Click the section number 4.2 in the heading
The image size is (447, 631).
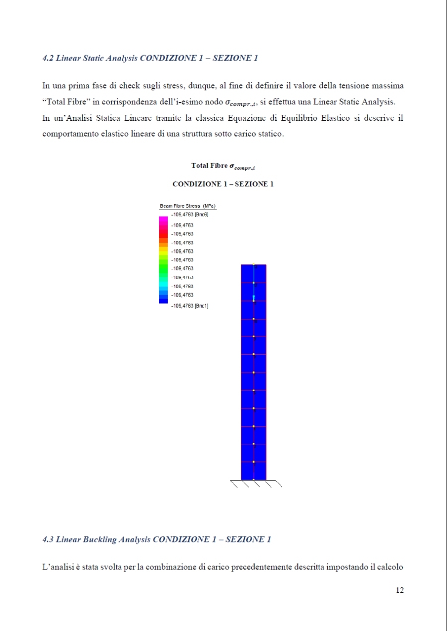click(48, 58)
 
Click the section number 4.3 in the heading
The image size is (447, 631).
click(48, 540)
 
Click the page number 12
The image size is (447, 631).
click(400, 590)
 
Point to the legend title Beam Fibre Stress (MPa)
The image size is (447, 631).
click(187, 206)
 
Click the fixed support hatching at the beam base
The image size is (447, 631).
click(256, 484)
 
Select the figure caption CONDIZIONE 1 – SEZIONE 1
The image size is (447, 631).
click(223, 184)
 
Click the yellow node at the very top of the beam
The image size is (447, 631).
click(254, 264)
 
